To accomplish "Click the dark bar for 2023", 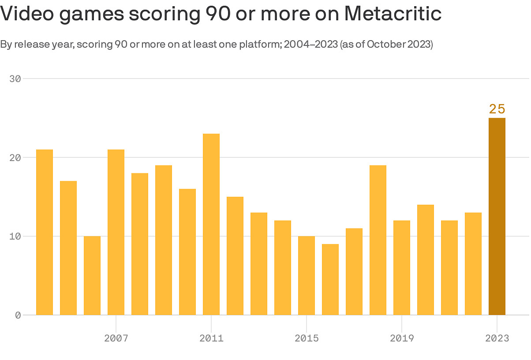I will pos(497,216).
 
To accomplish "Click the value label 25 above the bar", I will pos(497,109).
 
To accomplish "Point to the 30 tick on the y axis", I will pos(15,79).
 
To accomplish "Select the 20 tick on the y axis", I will pos(15,157).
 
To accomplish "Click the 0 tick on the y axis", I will pos(18,315).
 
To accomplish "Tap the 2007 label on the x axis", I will pos(116,338).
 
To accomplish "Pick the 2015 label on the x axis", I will pos(307,338).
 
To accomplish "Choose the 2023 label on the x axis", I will pos(497,338).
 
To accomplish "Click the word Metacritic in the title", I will pos(393,14).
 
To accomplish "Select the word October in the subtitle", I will pos(387,45).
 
